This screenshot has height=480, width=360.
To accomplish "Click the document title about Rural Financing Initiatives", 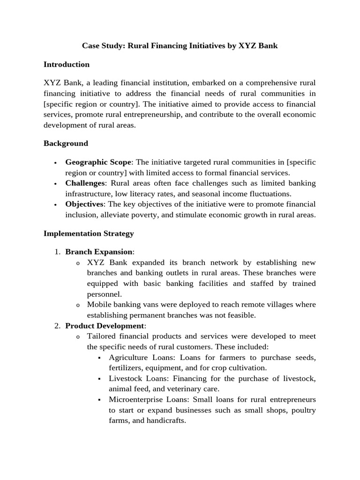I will tap(180, 46).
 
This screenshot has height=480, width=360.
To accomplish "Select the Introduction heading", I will tap(67, 64).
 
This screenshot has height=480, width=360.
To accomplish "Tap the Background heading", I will tap(66, 143).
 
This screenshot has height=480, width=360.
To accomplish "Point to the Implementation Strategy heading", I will tap(89, 233).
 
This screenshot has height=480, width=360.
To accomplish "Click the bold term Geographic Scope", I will tap(98, 162).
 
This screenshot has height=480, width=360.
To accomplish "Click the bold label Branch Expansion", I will tap(99, 252).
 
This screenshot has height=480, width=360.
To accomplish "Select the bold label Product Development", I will tap(105, 325).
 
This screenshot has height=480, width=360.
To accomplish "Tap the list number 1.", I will tap(56, 252).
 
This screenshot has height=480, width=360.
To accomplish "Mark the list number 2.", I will tap(56, 325).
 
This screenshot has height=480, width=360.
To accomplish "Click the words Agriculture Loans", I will tap(137, 357).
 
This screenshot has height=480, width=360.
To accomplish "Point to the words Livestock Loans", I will tap(134, 378).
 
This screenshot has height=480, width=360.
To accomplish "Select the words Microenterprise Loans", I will tap(145, 399).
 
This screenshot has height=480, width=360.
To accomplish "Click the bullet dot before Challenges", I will tap(55, 184).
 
